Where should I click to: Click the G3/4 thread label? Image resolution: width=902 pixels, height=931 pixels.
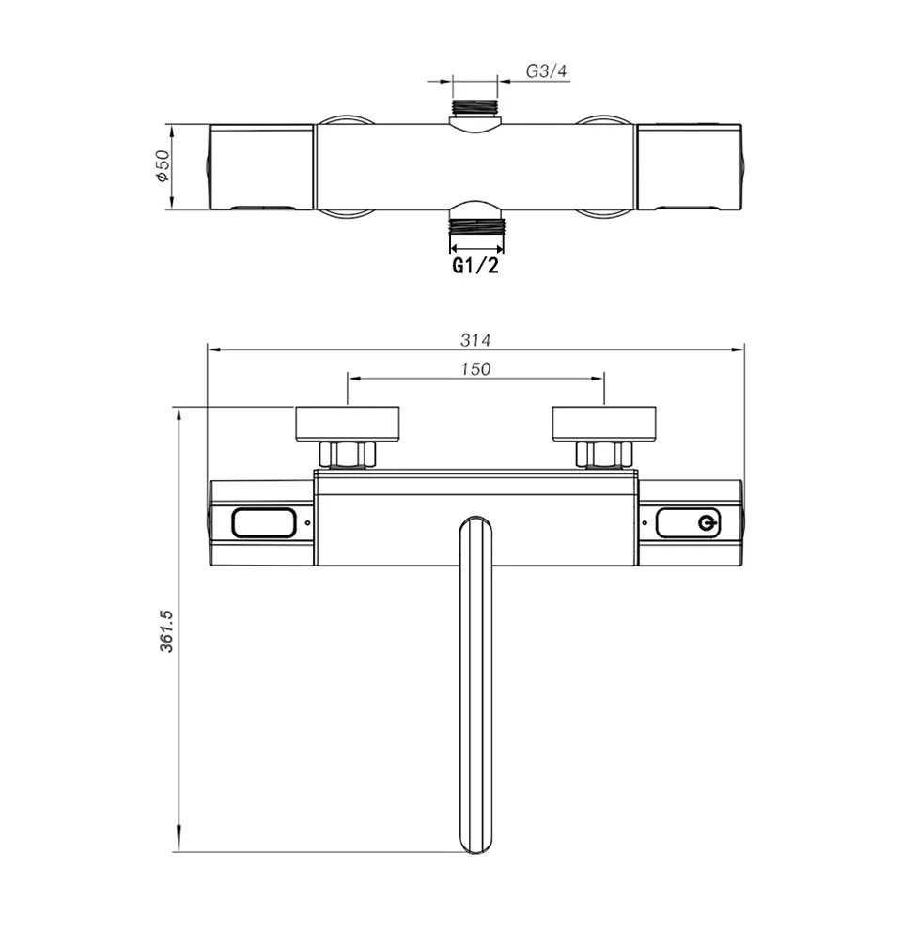546,71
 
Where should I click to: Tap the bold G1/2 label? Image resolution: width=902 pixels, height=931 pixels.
475,266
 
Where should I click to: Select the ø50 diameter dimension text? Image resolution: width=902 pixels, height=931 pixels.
163,166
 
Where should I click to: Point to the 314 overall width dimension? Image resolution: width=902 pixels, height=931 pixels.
475,340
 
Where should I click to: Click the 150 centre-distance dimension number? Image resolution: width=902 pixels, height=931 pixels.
475,368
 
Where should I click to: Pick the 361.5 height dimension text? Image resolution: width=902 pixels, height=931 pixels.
166,630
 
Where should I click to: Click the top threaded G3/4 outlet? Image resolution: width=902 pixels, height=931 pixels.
475,107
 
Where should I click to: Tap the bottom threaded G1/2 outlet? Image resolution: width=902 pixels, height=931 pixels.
476,226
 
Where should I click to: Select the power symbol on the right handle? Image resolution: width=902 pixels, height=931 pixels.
707,523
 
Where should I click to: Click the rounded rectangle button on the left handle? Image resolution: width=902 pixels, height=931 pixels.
264,523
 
